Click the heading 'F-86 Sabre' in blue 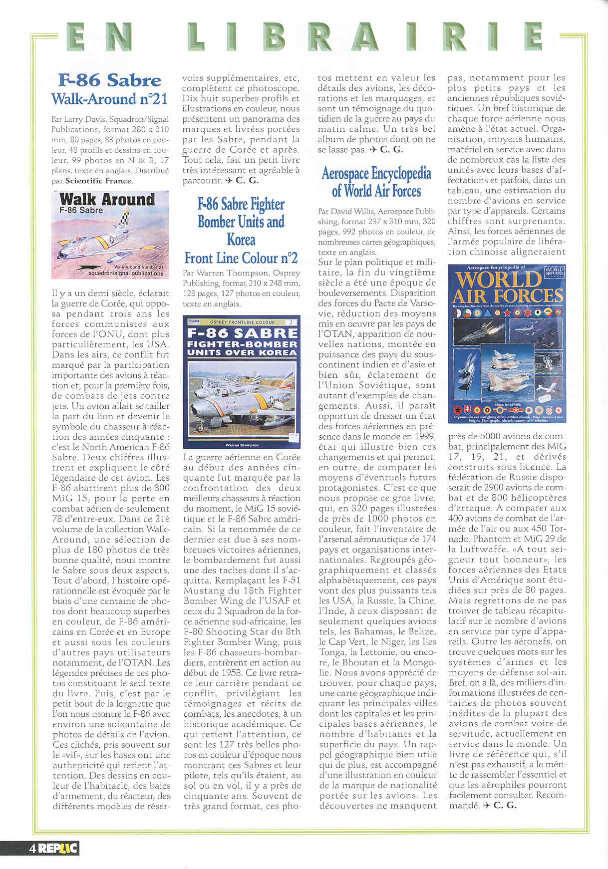(109, 80)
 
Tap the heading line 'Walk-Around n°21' (109, 99)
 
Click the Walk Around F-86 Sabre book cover (110, 235)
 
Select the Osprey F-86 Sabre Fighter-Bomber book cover (241, 382)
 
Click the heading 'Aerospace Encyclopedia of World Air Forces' (376, 182)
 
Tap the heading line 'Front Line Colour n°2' (241, 258)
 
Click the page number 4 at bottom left (31, 848)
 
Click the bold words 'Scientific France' (98, 181)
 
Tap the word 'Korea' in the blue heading (241, 240)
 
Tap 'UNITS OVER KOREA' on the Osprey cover (242, 352)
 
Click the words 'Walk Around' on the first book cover (107, 199)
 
